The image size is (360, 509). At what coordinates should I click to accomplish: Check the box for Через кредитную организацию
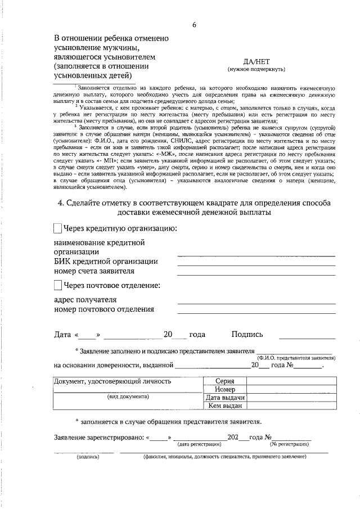pyautogui.click(x=57, y=228)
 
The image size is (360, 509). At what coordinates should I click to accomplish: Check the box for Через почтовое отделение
pyautogui.click(x=57, y=286)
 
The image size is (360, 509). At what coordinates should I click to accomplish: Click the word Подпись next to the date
pyautogui.click(x=246, y=335)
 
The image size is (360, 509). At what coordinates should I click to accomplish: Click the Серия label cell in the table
pyautogui.click(x=224, y=381)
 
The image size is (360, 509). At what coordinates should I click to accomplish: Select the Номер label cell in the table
pyautogui.click(x=224, y=389)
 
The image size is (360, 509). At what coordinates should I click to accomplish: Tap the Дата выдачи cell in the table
pyautogui.click(x=224, y=398)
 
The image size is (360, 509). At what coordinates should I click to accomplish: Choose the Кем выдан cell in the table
pyautogui.click(x=224, y=406)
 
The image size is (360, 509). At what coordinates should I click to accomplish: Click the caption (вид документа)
pyautogui.click(x=128, y=397)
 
